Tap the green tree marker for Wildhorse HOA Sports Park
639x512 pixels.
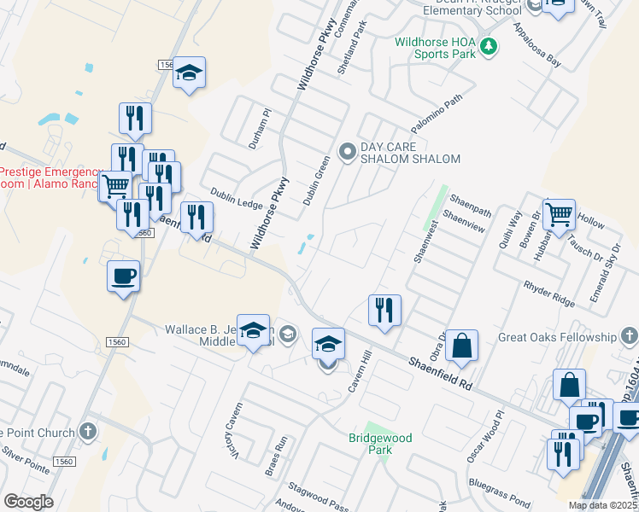click(x=489, y=46)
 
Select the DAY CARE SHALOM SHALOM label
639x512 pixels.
click(x=410, y=153)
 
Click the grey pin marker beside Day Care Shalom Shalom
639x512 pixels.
click(x=348, y=153)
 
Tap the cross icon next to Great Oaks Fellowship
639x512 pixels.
click(x=628, y=335)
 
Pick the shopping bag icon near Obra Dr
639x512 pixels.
click(x=461, y=346)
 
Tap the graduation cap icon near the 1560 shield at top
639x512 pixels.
click(x=190, y=73)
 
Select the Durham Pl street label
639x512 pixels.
click(x=260, y=129)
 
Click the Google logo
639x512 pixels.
click(x=28, y=502)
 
